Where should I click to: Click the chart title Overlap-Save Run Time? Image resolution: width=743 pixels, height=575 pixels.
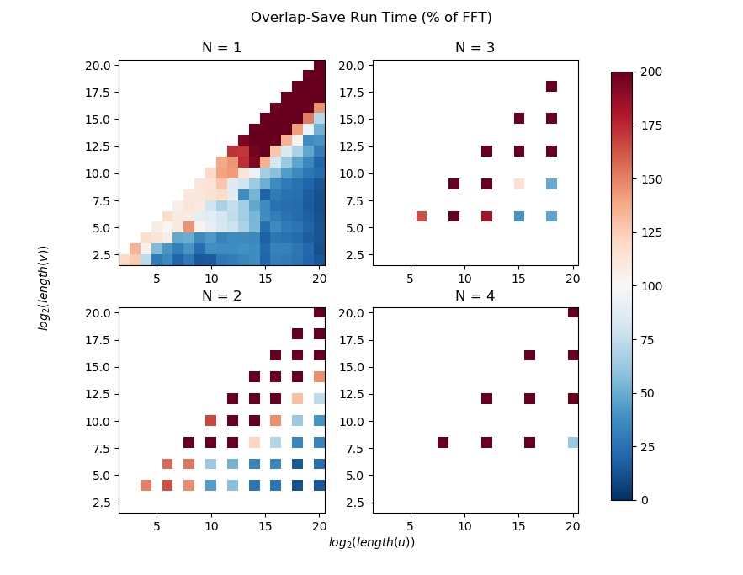pyautogui.click(x=371, y=18)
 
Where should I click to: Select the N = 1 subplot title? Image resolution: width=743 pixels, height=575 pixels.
pyautogui.click(x=221, y=48)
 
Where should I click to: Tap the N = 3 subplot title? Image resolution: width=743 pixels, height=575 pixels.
pyautogui.click(x=475, y=48)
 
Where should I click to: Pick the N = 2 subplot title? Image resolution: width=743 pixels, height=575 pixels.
pyautogui.click(x=221, y=295)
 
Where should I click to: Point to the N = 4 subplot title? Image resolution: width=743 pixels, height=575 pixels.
pyautogui.click(x=475, y=295)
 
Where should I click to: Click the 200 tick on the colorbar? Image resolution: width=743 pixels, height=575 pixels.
pyautogui.click(x=650, y=73)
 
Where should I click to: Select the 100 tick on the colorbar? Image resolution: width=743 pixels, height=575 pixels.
pyautogui.click(x=650, y=286)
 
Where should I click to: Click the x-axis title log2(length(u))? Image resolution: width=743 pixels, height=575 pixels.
pyautogui.click(x=371, y=543)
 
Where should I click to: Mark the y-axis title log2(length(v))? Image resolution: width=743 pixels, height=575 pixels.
pyautogui.click(x=44, y=287)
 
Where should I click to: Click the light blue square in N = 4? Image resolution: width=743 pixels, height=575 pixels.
pyautogui.click(x=573, y=442)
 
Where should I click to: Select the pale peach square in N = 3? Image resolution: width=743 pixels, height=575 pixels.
pyautogui.click(x=519, y=184)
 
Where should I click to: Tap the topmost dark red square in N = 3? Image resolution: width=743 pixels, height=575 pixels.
pyautogui.click(x=551, y=86)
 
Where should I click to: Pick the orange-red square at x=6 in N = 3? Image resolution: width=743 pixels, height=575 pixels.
pyautogui.click(x=422, y=216)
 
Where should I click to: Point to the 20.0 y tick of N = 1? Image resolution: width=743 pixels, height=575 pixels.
pyautogui.click(x=100, y=65)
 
